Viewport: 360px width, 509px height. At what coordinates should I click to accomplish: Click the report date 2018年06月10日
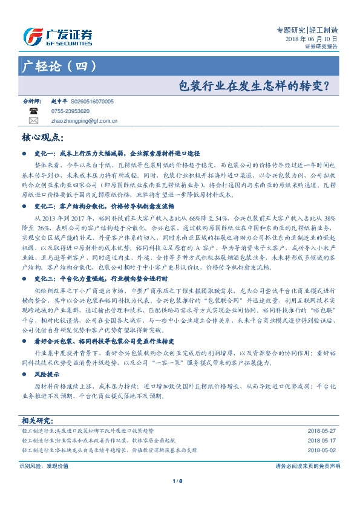point(312,38)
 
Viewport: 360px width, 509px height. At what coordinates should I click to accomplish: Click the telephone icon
point(33,112)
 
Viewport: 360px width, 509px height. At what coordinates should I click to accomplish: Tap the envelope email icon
point(33,121)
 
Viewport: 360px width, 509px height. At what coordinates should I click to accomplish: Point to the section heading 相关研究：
point(38,421)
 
